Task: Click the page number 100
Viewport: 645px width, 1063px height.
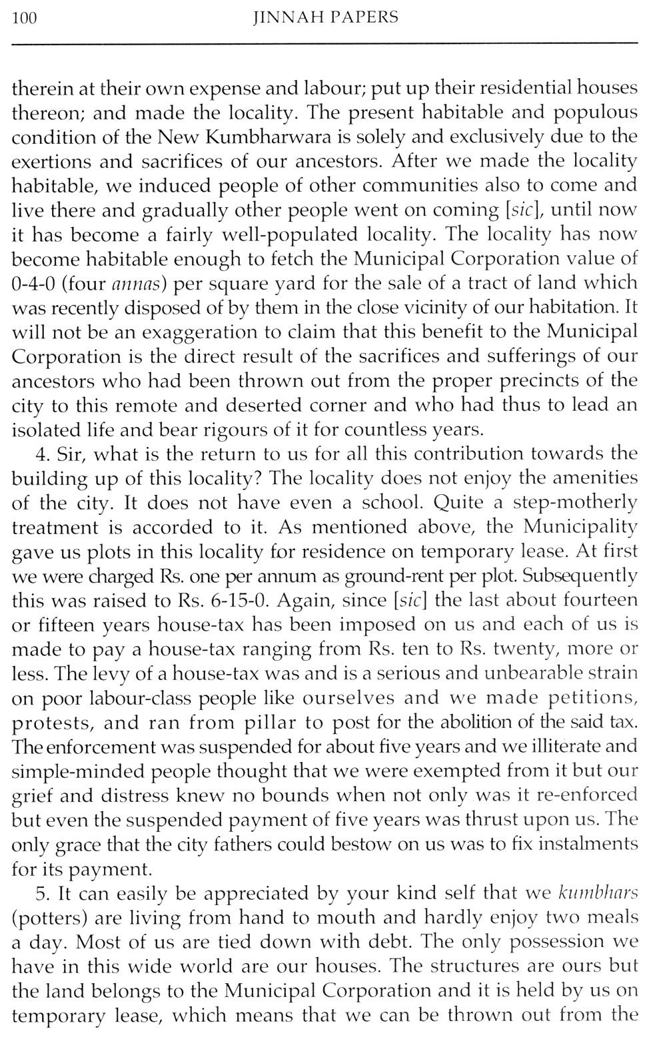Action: pos(25,18)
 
